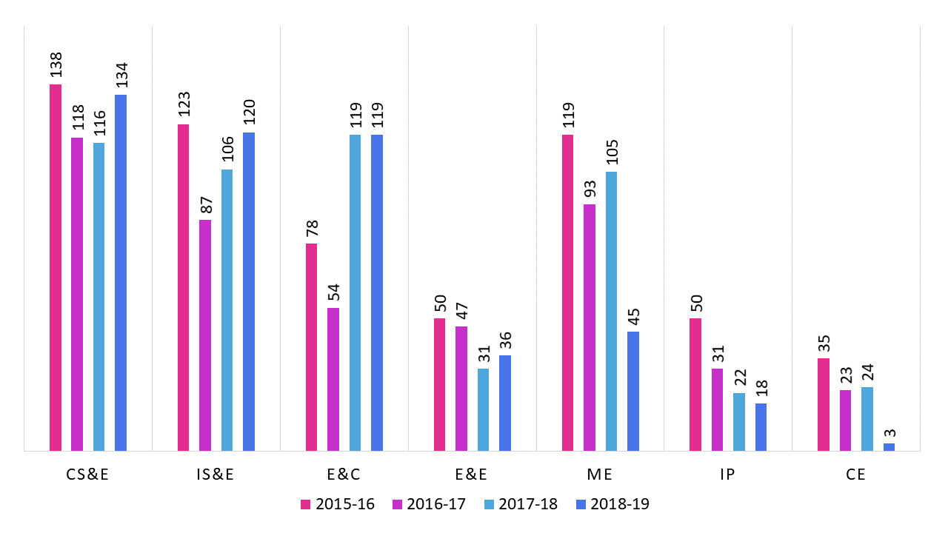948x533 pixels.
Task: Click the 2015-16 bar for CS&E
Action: [x=56, y=267]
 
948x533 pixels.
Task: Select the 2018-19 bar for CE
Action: [x=889, y=446]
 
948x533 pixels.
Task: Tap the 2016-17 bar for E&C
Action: [x=333, y=379]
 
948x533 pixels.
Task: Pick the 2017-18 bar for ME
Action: [x=611, y=311]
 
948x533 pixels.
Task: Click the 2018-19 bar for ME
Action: [x=633, y=391]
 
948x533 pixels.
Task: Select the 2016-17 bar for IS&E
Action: [x=205, y=335]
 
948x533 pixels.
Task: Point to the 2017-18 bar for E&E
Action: [x=484, y=409]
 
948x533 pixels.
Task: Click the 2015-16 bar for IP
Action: [x=695, y=384]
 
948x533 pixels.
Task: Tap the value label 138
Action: [x=56, y=65]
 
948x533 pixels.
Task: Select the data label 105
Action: [x=612, y=152]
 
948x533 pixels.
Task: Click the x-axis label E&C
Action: [x=344, y=475]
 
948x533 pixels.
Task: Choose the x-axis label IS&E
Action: [x=216, y=475]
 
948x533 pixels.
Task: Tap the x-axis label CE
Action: [x=856, y=475]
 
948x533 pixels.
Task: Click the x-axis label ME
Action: [x=600, y=475]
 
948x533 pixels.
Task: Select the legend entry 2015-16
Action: [x=338, y=505]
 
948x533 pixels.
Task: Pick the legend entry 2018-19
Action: [x=612, y=505]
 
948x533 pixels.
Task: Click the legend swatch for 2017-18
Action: [x=488, y=505]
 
